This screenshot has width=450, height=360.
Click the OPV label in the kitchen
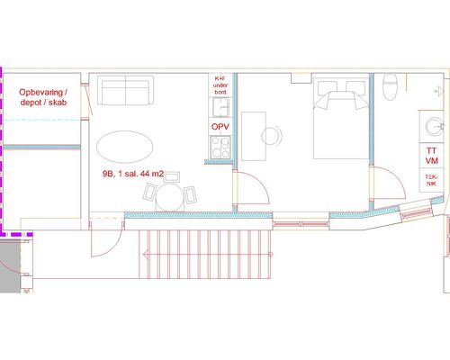[x=220, y=127]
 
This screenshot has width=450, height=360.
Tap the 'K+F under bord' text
[x=220, y=85]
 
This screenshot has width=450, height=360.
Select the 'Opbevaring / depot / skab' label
[x=43, y=97]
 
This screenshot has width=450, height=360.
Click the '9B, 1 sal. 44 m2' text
[x=133, y=174]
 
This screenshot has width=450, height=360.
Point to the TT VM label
[x=432, y=156]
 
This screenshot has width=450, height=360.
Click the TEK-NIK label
[x=431, y=180]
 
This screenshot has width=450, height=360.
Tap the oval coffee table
[x=125, y=147]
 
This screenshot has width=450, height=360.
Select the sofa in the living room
[x=126, y=90]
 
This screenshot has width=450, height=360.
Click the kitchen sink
[x=221, y=107]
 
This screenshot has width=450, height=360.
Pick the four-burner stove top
[x=220, y=147]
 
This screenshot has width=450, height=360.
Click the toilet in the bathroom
[x=390, y=87]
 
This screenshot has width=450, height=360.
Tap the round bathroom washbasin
[x=435, y=127]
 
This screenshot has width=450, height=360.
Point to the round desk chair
[x=272, y=136]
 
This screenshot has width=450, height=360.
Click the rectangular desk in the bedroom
[x=254, y=136]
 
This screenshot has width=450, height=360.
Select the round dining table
[x=170, y=197]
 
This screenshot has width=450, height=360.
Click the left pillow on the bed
[x=327, y=87]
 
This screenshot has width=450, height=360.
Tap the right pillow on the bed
[x=355, y=87]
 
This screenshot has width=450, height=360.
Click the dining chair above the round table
[x=172, y=177]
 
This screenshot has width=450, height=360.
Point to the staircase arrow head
[x=146, y=255]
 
